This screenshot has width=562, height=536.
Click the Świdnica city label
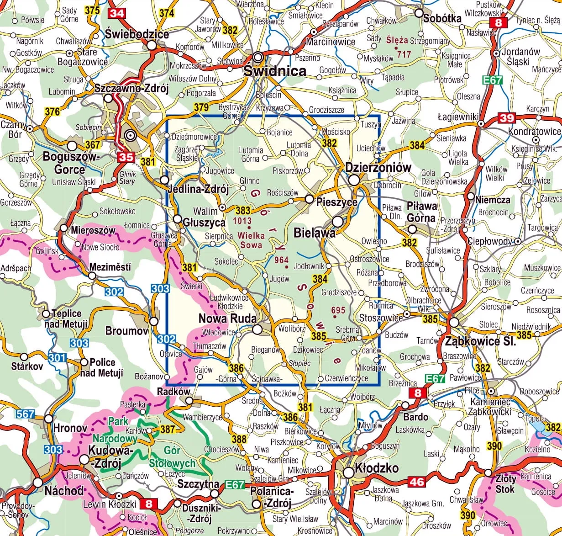(x=274, y=71)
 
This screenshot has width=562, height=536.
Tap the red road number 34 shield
(x=116, y=13)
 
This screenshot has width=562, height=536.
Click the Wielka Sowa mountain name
(x=251, y=240)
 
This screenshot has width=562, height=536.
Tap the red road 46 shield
(x=416, y=481)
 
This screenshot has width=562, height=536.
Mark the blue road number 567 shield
(x=25, y=414)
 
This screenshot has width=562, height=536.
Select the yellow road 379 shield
(x=201, y=108)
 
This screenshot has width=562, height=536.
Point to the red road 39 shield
(x=507, y=118)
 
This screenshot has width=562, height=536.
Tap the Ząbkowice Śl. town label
(x=480, y=341)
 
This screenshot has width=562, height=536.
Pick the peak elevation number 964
(x=282, y=260)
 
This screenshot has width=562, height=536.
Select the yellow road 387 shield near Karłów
(x=168, y=429)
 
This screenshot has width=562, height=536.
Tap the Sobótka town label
(x=442, y=19)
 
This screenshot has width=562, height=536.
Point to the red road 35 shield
(x=126, y=157)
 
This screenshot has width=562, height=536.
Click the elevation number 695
(x=338, y=310)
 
